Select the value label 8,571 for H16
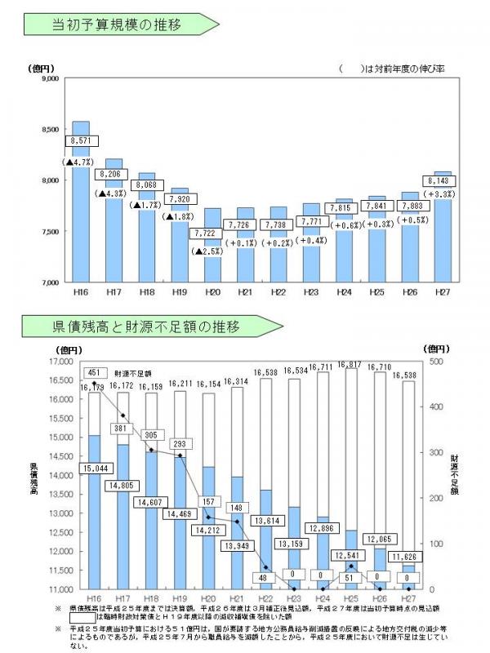[x=81, y=140]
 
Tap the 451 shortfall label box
[x=94, y=371]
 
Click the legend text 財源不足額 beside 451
[x=131, y=371]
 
